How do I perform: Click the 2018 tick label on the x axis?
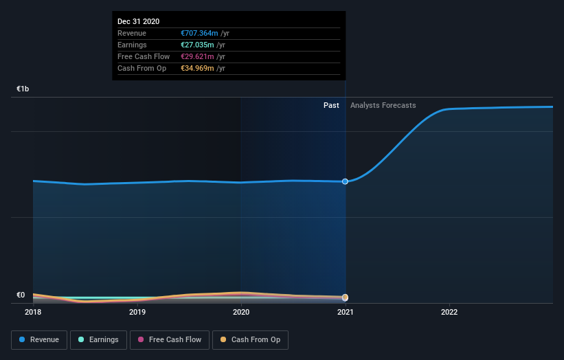(33, 312)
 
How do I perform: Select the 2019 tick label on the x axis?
(137, 312)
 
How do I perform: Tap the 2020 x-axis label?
(241, 312)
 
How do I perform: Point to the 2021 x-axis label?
(345, 312)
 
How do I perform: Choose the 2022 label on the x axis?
(449, 312)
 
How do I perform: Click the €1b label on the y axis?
(23, 89)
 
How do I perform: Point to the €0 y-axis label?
(21, 295)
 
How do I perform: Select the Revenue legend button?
(40, 339)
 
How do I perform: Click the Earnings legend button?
(98, 339)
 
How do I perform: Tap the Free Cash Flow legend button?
(170, 339)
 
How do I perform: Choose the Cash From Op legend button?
(250, 339)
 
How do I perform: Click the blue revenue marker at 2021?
(345, 181)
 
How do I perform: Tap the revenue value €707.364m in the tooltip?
(199, 33)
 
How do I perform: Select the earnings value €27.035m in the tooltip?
(196, 45)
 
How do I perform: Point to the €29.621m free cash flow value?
(196, 56)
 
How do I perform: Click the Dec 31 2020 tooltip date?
(139, 21)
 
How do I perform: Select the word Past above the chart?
(331, 105)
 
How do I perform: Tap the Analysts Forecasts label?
(383, 105)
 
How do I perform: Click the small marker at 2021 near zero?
(345, 297)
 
